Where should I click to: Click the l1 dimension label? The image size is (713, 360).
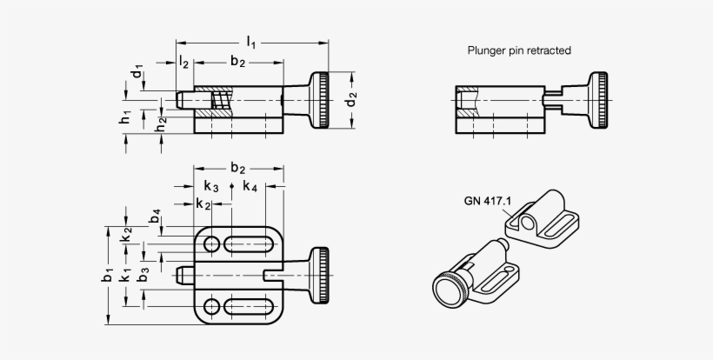(251, 41)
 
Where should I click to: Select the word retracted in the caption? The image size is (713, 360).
(548, 50)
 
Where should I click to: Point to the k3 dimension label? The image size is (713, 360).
(211, 186)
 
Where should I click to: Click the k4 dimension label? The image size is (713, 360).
(250, 186)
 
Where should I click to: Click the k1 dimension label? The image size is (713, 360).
(126, 276)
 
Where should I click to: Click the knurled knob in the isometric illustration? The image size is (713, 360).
(451, 289)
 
